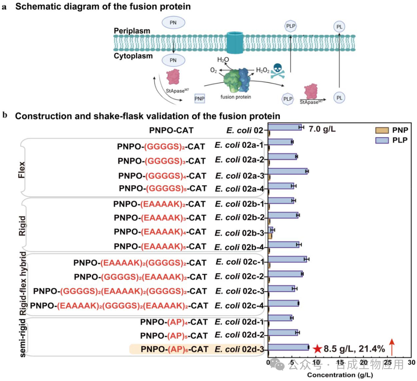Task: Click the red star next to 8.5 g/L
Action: (x=317, y=349)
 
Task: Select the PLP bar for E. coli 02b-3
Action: (x=271, y=230)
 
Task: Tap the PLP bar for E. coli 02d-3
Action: (x=288, y=347)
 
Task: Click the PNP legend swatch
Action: (x=382, y=130)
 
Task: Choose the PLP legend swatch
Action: (x=382, y=140)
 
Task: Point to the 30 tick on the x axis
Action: (x=412, y=362)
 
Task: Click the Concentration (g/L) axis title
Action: (x=340, y=375)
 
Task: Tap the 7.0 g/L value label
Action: (x=322, y=129)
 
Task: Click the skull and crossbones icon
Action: (x=278, y=71)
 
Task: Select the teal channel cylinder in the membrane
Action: (x=235, y=42)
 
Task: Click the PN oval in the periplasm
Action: (x=173, y=23)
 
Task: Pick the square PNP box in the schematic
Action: (x=200, y=99)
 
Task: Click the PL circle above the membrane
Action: (x=339, y=27)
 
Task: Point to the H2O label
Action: (x=223, y=59)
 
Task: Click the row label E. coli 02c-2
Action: (x=239, y=276)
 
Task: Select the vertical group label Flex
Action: (x=22, y=169)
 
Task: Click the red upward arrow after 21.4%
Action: (x=392, y=347)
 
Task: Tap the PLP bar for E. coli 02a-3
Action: (x=288, y=171)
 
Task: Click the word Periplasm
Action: (x=132, y=31)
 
